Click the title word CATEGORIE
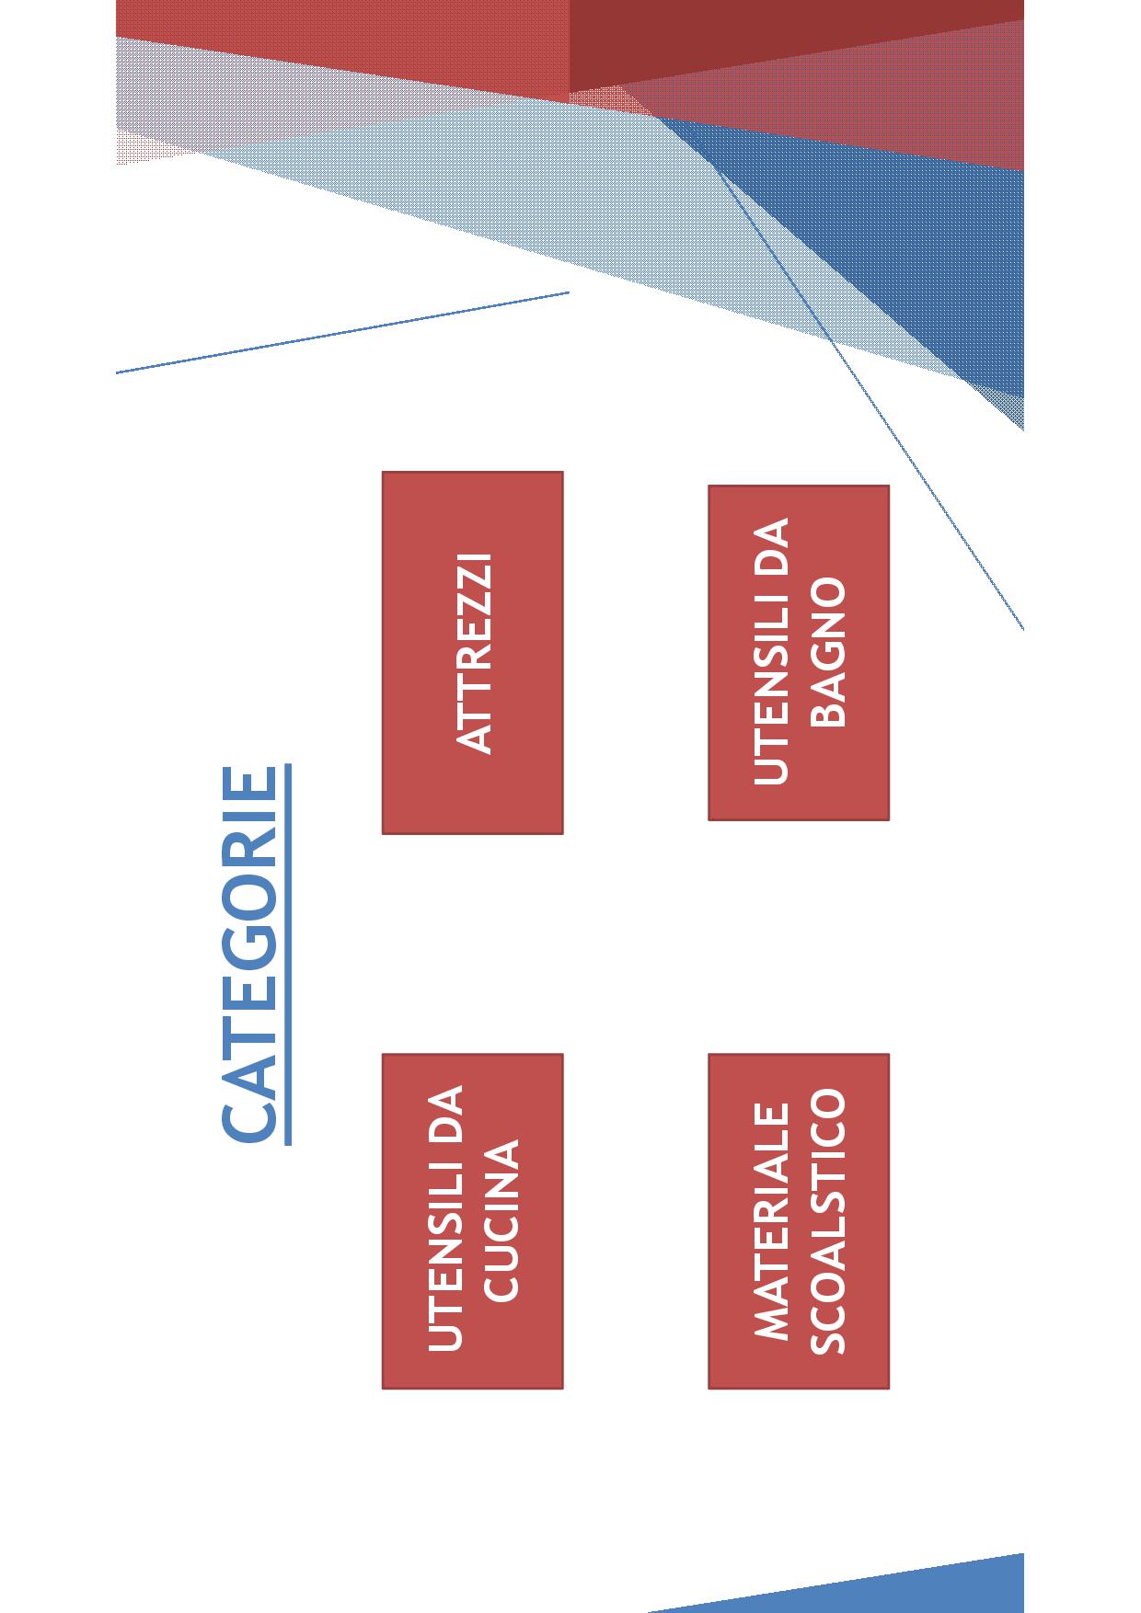(249, 955)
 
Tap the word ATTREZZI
(476, 653)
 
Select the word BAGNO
(828, 652)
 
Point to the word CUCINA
(501, 1220)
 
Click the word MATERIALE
(771, 1221)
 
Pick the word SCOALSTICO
(827, 1221)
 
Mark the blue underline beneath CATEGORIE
(288, 955)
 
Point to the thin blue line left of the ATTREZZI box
(342, 332)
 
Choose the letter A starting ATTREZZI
(476, 738)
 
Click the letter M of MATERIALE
(771, 1322)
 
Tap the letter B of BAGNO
(828, 715)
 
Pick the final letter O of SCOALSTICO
(827, 1103)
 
